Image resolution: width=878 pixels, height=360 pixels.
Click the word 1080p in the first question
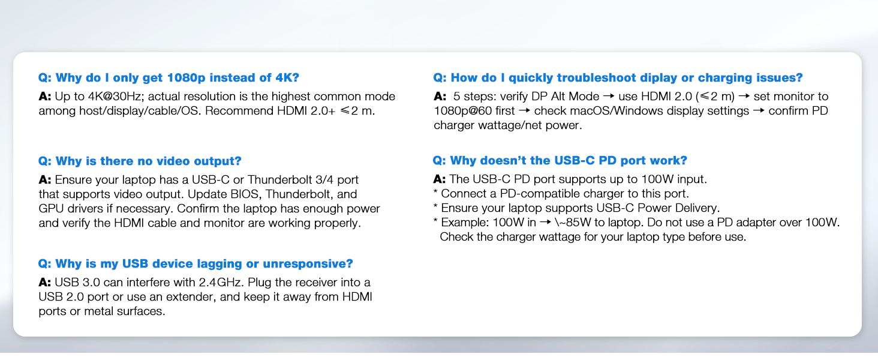click(186, 77)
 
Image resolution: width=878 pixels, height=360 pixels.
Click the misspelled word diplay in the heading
click(659, 77)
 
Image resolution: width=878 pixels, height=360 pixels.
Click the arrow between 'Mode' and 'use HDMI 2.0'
click(609, 97)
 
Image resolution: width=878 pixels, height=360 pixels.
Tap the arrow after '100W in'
click(545, 223)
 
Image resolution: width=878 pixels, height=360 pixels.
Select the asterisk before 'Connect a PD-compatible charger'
click(435, 192)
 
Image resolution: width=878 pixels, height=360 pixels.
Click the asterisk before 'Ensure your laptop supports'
click(435, 206)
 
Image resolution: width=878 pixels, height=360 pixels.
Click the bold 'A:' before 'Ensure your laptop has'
click(45, 179)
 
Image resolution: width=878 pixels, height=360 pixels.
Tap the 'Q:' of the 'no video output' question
click(45, 161)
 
